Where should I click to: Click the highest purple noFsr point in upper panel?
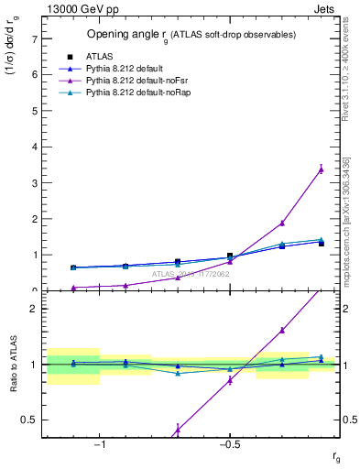(x=321, y=169)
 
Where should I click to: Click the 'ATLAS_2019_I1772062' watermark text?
(x=191, y=273)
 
